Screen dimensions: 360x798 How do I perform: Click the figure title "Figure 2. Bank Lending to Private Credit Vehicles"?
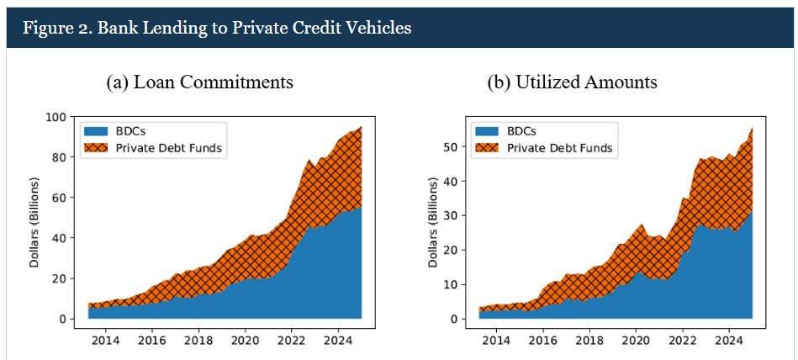coord(217,27)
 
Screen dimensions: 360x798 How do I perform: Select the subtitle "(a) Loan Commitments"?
coord(199,82)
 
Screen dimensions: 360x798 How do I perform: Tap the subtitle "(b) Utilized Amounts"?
coord(572,82)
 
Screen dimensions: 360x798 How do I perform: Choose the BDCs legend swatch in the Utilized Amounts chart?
coord(488,131)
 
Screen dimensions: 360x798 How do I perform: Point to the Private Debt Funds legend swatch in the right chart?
coord(488,148)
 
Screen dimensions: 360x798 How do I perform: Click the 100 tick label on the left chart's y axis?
coord(55,117)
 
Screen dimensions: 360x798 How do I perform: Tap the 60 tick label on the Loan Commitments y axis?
coord(59,198)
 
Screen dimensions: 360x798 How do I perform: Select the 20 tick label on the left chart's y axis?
coord(59,278)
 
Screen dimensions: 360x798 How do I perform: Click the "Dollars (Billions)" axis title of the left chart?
coord(35,222)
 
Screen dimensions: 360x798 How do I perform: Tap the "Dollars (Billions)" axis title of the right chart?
coord(432,222)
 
